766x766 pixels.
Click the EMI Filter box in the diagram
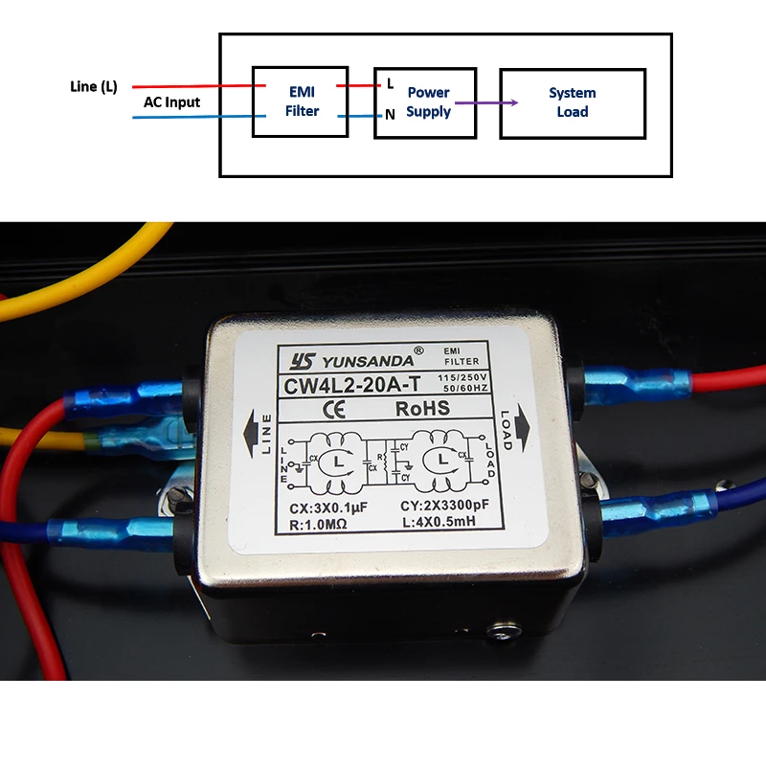302,101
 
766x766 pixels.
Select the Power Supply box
425,102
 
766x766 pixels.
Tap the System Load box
572,102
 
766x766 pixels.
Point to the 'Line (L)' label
95,86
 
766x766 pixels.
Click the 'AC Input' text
172,102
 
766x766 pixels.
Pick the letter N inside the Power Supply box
390,114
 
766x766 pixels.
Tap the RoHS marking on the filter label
422,409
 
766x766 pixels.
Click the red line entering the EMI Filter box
191,85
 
